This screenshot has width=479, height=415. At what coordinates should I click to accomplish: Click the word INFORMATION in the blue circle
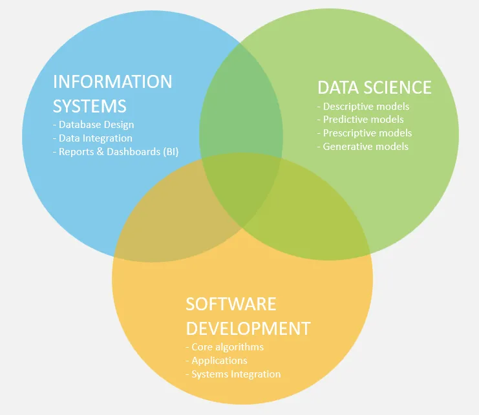112,82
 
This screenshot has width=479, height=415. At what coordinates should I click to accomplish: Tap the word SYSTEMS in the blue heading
89,106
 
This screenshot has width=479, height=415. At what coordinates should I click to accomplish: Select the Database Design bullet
94,125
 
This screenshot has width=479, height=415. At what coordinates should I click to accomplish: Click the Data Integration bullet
92,138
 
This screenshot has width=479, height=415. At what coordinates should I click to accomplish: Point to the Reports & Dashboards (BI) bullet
116,152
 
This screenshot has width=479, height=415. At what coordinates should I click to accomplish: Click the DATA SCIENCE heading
374,88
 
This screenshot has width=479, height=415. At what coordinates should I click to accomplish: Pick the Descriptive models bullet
363,106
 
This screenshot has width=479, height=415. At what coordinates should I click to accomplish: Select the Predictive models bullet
361,120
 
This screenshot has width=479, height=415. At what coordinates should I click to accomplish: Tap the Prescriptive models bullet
365,133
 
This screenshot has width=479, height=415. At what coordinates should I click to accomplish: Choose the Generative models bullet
363,147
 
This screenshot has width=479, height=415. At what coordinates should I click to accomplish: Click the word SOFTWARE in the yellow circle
231,304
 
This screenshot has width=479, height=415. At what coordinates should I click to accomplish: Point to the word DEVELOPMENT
248,328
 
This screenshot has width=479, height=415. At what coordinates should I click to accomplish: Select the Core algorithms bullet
224,347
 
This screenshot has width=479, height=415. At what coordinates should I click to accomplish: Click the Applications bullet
217,361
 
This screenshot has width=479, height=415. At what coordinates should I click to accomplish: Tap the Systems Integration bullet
233,374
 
